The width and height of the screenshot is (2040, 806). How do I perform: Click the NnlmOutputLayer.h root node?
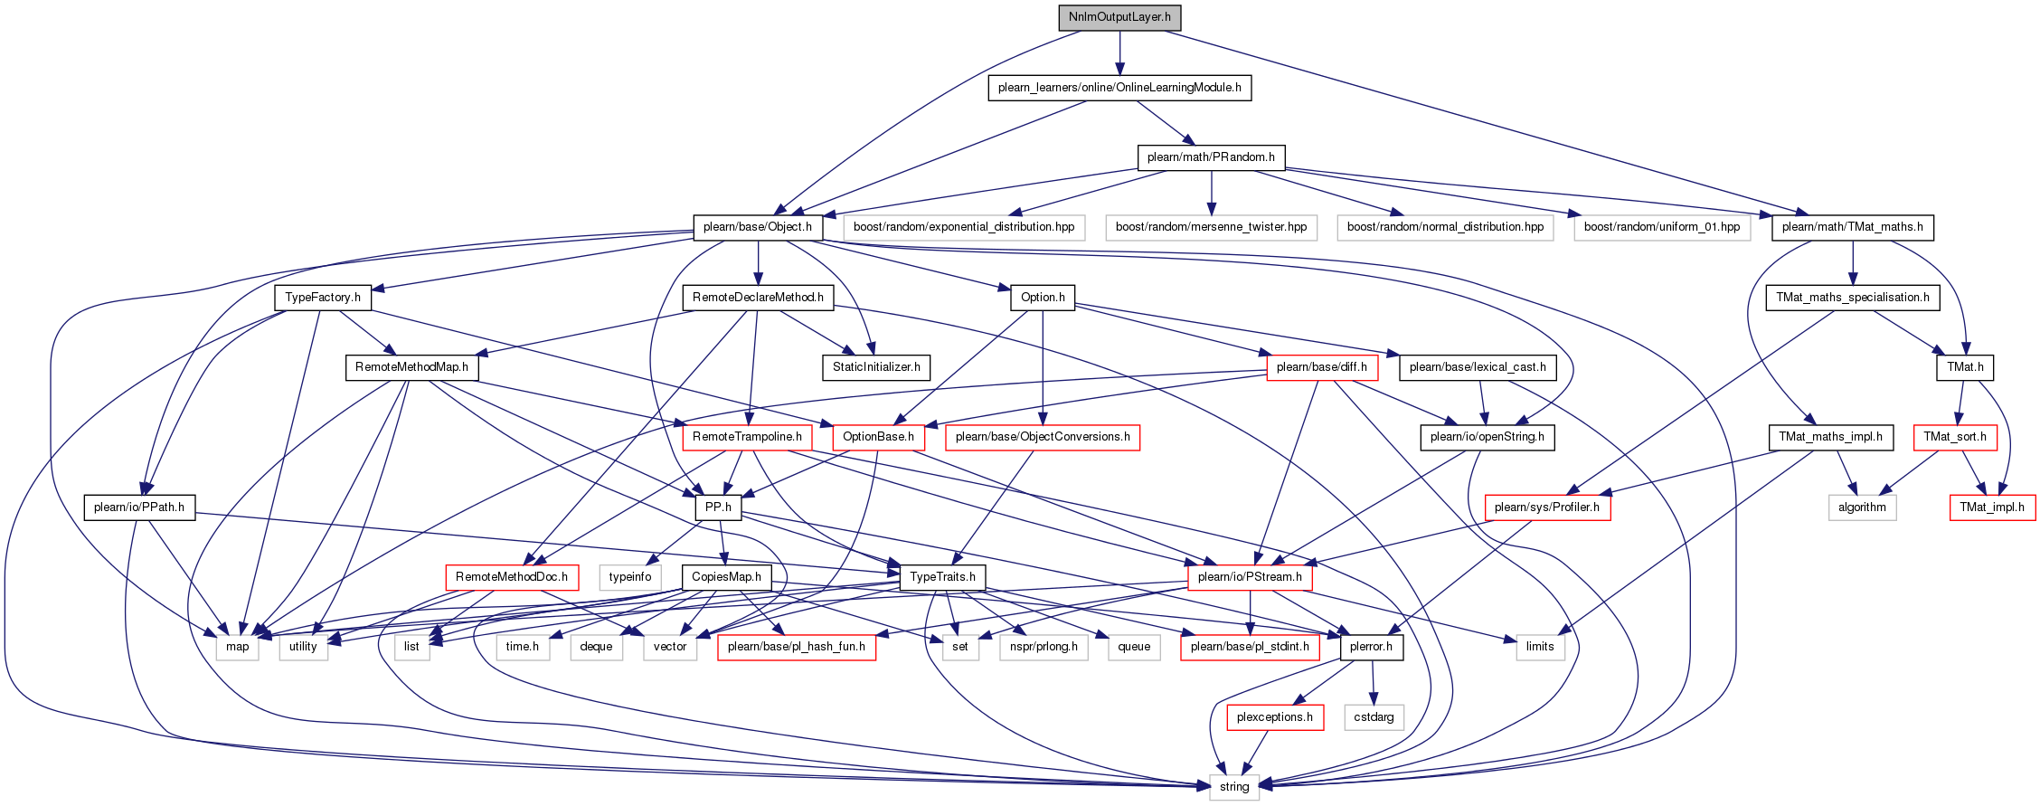pos(1119,17)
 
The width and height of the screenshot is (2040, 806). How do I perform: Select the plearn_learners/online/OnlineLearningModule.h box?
pos(1119,88)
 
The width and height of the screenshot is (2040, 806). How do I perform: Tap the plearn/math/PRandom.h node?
pos(1211,157)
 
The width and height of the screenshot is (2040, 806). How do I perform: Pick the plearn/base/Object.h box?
pos(758,227)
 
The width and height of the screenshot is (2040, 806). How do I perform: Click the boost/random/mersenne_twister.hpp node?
pos(1211,227)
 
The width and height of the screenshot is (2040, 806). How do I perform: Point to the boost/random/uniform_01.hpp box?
pos(1662,227)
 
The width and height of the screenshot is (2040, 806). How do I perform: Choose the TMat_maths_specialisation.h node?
pos(1853,298)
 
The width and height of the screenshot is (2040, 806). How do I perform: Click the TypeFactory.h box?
pos(323,298)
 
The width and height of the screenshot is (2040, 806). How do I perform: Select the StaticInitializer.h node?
pos(876,367)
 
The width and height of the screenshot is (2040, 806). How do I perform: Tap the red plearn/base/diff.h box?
pos(1322,367)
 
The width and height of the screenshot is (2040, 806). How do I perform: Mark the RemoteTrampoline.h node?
pos(747,437)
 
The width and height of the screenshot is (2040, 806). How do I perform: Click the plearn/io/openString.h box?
pos(1487,437)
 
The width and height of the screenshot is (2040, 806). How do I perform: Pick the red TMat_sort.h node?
pos(1955,437)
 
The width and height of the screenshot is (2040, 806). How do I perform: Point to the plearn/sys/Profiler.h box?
pos(1547,507)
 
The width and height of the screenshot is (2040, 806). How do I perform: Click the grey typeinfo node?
pos(630,577)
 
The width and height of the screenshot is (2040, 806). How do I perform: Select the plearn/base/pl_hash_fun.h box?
pos(797,647)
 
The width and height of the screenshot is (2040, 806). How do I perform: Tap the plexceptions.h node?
pos(1275,717)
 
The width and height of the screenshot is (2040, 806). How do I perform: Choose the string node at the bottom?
pos(1234,787)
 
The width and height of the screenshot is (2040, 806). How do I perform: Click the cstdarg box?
pos(1374,717)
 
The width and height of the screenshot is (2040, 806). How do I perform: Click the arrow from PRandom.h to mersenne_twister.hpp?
pos(1211,193)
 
